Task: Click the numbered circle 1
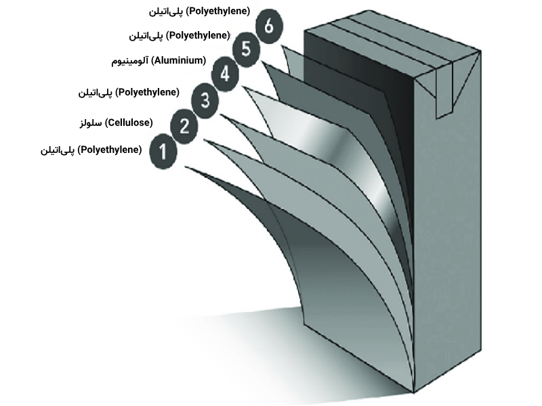[x=163, y=152]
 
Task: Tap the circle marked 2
[x=184, y=127]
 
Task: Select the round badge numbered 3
[x=205, y=101]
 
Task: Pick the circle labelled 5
[x=247, y=49]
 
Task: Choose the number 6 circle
[x=269, y=27]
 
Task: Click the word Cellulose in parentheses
[x=129, y=122]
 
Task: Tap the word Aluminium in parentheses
[x=178, y=61]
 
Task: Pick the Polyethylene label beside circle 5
[x=197, y=35]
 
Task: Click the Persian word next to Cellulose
[x=91, y=122]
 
